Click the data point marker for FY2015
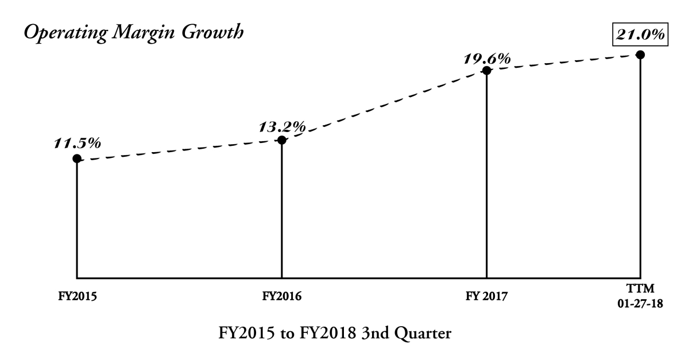tap(77, 158)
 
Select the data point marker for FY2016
tap(282, 140)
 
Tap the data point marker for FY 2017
tap(486, 71)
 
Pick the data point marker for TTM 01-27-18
tap(640, 55)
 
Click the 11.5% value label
tap(78, 142)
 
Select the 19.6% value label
tap(487, 58)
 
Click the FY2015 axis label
tap(77, 297)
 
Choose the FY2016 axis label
tap(282, 297)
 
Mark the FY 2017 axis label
tap(487, 297)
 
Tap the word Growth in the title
tap(212, 33)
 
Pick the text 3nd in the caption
tap(384, 333)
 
